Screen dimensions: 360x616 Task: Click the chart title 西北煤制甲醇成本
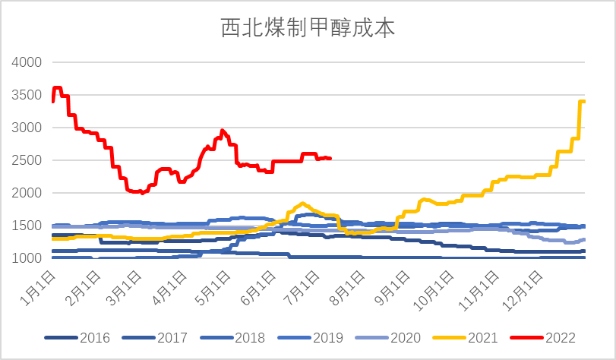click(308, 28)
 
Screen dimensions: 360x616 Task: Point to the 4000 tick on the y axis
click(27, 62)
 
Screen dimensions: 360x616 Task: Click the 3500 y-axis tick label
click(27, 95)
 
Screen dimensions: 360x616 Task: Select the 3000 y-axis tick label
click(27, 128)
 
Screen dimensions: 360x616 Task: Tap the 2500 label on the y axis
click(27, 160)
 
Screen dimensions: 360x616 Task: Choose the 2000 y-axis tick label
click(27, 193)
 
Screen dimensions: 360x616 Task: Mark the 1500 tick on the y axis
click(27, 226)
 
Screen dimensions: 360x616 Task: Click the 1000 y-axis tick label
click(27, 258)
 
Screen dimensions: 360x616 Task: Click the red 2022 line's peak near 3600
click(57, 88)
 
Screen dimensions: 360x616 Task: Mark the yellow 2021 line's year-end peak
click(582, 102)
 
